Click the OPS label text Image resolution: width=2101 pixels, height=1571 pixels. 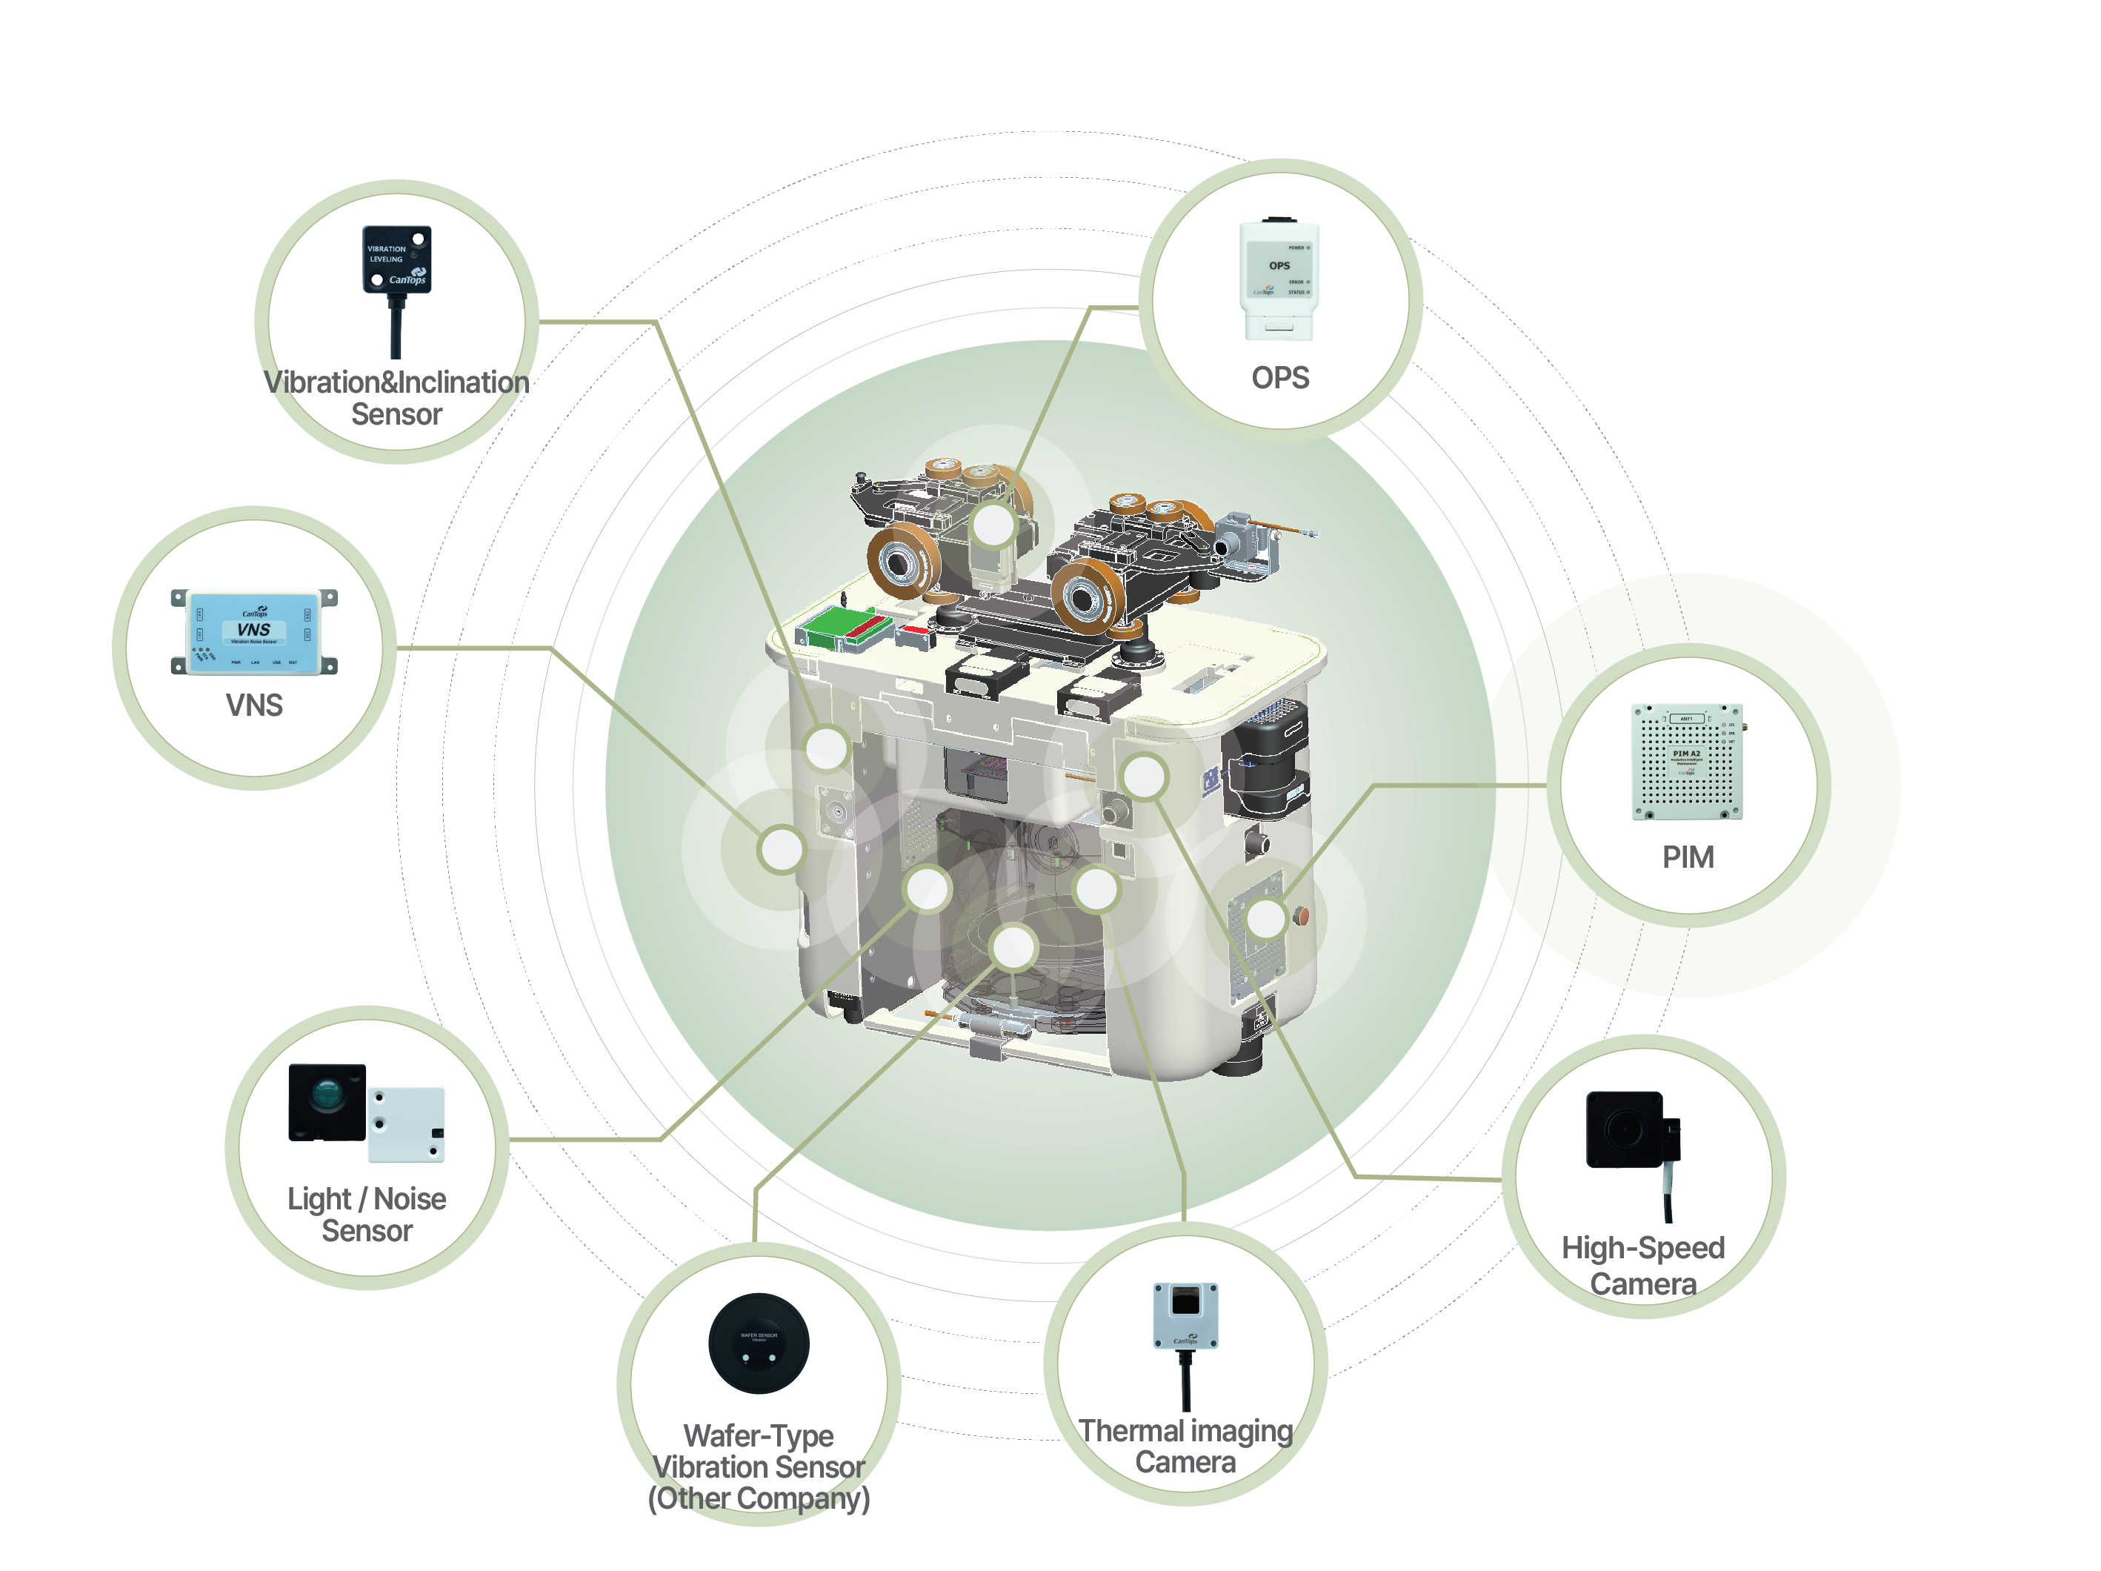coord(1279,378)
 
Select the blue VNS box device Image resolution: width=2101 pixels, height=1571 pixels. coord(253,631)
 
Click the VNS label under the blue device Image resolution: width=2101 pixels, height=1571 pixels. coord(253,705)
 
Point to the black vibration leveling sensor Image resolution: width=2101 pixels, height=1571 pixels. coord(397,259)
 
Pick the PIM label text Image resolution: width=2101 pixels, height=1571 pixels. coord(1687,857)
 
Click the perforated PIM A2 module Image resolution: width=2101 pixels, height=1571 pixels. coord(1686,761)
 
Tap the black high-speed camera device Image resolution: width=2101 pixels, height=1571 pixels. coord(1626,1129)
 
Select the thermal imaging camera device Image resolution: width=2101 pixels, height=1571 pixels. coord(1185,1315)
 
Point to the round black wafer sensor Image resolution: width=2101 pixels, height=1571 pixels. coord(758,1343)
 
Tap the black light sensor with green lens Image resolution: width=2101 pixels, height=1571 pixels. coord(327,1102)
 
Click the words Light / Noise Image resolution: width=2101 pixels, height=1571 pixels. coord(367,1200)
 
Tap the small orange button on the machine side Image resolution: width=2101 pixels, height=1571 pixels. coord(1302,916)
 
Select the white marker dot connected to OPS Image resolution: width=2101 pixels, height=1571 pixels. coord(993,525)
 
